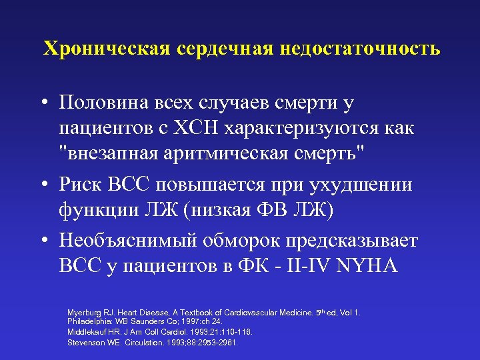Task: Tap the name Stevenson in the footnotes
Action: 85,342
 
